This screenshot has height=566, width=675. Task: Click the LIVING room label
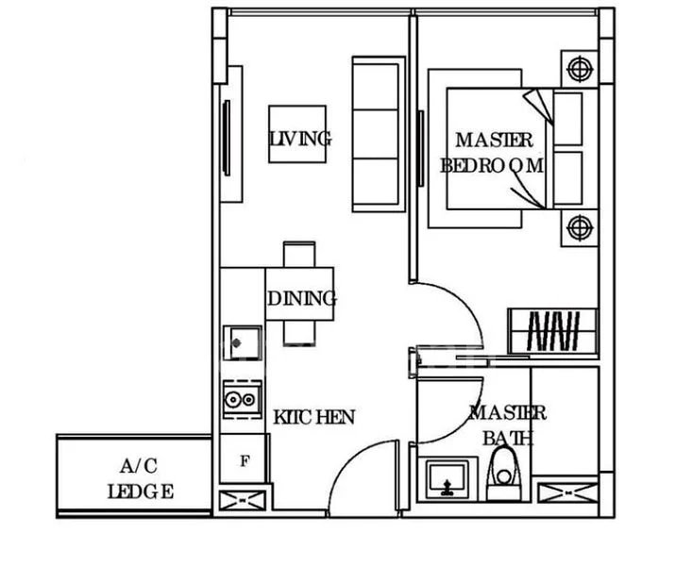point(299,139)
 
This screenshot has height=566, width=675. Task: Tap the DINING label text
point(301,299)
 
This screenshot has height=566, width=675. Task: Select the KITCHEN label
point(313,416)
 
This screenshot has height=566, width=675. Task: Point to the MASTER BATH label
point(507,425)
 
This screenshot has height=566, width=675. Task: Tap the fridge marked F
point(245,461)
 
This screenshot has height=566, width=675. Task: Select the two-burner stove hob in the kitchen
point(242,400)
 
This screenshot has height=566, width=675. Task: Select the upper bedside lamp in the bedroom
point(578,69)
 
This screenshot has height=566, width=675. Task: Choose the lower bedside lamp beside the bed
point(578,226)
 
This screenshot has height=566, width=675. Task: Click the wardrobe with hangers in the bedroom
point(552,330)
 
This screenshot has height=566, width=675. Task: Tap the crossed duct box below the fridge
point(243,501)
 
